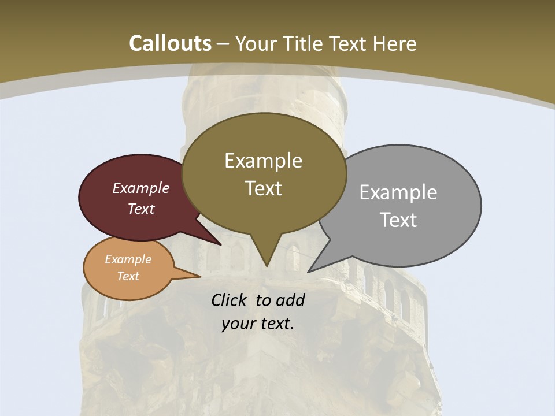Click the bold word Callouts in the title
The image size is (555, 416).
[x=171, y=43]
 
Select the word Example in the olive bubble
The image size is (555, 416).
[x=263, y=161]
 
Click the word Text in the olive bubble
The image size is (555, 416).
[x=263, y=188]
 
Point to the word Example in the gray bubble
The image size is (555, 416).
[x=398, y=192]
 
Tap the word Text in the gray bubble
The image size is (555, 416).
[x=398, y=220]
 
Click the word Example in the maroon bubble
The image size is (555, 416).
[x=141, y=188]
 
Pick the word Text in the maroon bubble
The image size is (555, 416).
[x=141, y=209]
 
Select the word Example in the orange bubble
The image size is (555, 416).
[x=128, y=259]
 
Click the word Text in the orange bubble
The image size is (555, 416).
[x=128, y=276]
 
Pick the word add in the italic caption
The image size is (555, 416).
[x=290, y=300]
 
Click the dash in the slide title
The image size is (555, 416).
[x=224, y=44]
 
